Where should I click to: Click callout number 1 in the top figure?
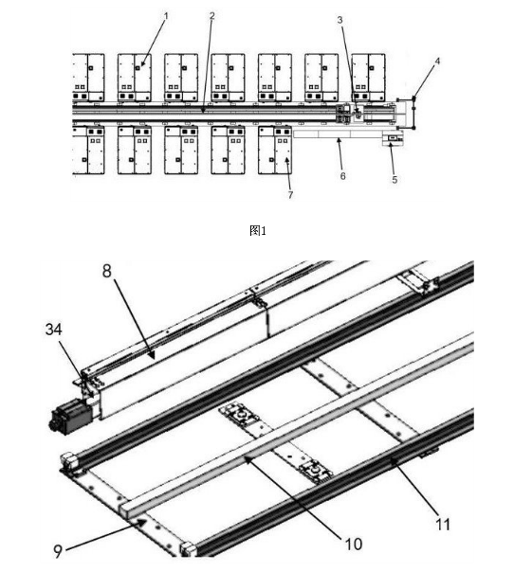166,16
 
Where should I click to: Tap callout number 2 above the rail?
211,16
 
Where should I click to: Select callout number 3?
340,20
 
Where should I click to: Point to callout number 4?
437,61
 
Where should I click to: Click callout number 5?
395,180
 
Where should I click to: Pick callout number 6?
342,176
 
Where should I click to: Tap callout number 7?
290,195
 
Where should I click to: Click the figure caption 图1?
258,230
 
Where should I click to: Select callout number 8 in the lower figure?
106,271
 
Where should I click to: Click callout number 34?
54,329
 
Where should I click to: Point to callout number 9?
58,551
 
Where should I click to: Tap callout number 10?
354,544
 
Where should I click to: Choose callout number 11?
443,525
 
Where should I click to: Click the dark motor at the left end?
71,417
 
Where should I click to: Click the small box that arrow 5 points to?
393,138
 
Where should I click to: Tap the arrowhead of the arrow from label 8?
152,354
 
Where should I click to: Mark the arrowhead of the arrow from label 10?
247,458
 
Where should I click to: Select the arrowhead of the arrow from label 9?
144,522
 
